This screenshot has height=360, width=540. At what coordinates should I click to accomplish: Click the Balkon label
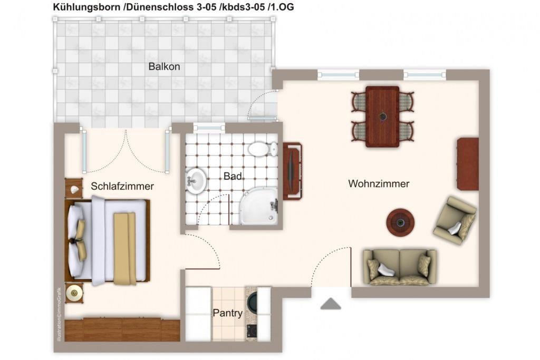[164, 66]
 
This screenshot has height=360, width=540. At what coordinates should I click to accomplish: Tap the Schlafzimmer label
[122, 186]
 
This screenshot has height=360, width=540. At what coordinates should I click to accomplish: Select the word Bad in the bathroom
[233, 176]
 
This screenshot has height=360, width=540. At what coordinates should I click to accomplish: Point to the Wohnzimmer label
[379, 183]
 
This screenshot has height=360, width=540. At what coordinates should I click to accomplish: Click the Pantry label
[228, 313]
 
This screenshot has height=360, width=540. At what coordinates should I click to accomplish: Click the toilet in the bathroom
[263, 149]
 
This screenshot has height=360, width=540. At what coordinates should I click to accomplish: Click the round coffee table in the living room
[400, 223]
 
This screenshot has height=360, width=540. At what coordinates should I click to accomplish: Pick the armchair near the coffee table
[455, 221]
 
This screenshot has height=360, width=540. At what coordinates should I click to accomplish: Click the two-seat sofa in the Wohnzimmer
[400, 267]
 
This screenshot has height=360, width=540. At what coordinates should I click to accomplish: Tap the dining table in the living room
[382, 116]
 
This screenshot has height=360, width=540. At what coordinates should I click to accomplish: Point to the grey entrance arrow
[331, 304]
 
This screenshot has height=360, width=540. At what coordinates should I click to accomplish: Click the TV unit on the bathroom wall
[292, 171]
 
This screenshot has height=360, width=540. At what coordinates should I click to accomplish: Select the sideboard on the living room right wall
[468, 164]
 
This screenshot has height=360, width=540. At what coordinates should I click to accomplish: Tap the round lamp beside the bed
[74, 293]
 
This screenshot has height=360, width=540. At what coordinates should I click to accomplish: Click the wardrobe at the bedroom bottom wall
[122, 330]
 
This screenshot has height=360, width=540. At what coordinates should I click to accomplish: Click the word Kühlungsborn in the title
[86, 7]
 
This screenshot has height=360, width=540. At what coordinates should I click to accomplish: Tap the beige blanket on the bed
[124, 248]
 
